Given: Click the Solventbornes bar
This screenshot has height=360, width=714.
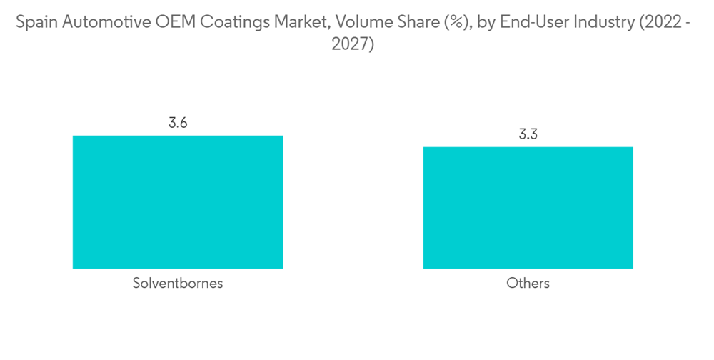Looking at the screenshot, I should [178, 202].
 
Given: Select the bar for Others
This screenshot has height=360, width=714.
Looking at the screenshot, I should [528, 208].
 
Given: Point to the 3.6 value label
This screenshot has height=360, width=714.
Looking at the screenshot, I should [178, 123].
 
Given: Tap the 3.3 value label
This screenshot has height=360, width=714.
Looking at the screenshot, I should [528, 134].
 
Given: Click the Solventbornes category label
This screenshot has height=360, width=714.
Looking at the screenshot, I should [178, 284].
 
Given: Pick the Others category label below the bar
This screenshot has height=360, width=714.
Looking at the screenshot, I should [528, 284].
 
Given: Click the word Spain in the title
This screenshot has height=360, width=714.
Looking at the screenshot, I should [34, 24].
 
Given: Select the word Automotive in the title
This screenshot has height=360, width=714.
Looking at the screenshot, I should [96, 24].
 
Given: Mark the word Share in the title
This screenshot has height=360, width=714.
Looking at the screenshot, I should [381, 24].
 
